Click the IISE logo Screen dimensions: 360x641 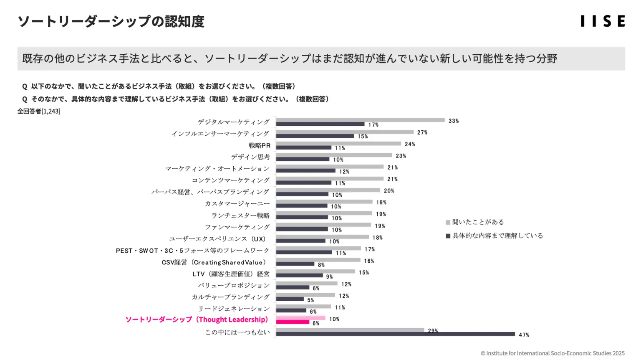coord(603,21)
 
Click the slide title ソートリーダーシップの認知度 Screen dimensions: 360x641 coord(111,21)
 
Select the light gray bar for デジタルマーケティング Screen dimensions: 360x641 coord(360,120)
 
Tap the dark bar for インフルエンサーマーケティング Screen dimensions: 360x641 coord(315,136)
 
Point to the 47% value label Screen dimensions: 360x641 coord(524,335)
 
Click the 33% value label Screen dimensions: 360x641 coord(453,121)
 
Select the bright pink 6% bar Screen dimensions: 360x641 coord(293,322)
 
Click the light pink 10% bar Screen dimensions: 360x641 coord(300,318)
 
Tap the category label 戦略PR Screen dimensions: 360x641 coord(259,145)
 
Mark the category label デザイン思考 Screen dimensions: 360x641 coord(250,157)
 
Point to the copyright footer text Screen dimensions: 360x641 coord(552,353)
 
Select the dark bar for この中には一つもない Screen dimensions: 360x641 coord(395,334)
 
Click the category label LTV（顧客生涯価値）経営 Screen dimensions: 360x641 coord(231,274)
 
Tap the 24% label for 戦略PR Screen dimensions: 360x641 coord(409,144)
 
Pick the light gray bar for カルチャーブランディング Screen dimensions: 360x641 coord(305,295)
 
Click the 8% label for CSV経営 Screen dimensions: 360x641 coord(321,265)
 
